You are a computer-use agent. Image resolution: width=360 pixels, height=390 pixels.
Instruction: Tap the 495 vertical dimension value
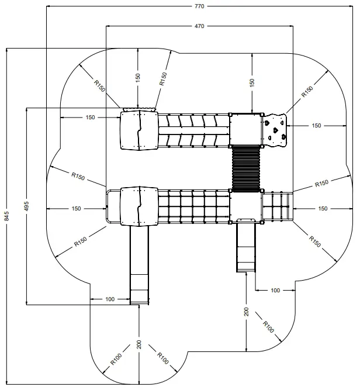click(27, 206)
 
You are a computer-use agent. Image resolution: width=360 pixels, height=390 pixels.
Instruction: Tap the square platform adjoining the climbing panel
click(246, 129)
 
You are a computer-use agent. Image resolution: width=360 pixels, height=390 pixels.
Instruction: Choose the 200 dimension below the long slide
click(139, 344)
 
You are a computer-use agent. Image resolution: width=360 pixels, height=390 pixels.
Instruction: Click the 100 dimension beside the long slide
click(110, 299)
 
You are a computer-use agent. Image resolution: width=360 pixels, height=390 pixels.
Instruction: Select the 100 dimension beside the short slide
click(275, 290)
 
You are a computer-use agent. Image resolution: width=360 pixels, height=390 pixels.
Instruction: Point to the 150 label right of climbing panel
click(316, 125)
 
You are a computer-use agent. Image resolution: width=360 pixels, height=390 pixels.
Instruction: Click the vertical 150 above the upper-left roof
click(138, 78)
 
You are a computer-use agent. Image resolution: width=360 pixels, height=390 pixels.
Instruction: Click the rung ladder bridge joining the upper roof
click(193, 130)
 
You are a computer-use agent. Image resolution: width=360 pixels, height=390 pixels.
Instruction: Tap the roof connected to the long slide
click(139, 206)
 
